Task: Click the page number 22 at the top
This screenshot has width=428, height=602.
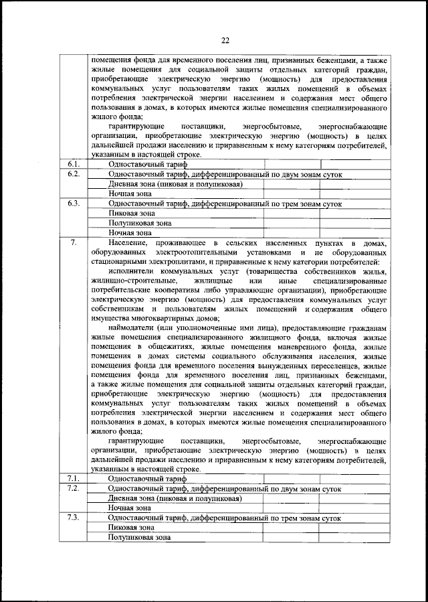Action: coord(223,40)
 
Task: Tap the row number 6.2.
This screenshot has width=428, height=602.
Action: coord(74,174)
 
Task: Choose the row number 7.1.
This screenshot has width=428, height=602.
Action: coord(74,479)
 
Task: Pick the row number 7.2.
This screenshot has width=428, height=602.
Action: coord(74,489)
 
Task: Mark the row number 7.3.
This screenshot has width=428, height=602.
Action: coord(74,518)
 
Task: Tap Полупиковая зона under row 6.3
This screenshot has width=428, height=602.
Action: coord(140,222)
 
